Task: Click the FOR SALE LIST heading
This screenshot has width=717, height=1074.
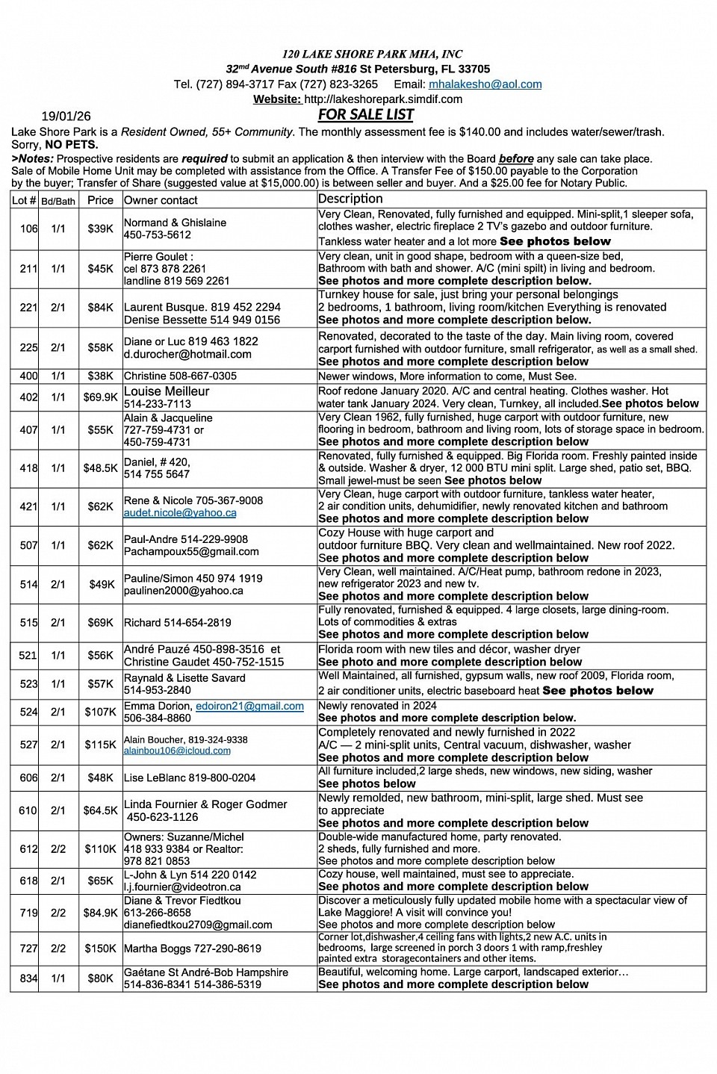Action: (x=365, y=114)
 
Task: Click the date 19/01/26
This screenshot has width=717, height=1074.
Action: (x=66, y=116)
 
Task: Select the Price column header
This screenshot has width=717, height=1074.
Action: (x=100, y=200)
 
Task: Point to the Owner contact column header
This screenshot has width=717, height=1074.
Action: (x=161, y=200)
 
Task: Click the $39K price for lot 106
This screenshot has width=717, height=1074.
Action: (x=100, y=229)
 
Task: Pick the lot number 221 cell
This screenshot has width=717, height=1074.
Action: (x=28, y=307)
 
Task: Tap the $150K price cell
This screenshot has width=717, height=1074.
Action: (x=100, y=949)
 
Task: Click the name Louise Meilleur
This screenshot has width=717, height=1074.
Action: (x=167, y=391)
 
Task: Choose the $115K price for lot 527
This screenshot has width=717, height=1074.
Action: (x=100, y=745)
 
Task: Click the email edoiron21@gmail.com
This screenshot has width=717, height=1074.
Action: (x=249, y=706)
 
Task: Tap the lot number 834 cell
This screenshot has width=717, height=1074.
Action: (x=28, y=978)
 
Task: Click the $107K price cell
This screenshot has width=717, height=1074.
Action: (x=100, y=712)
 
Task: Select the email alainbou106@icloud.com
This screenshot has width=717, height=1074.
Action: (x=177, y=751)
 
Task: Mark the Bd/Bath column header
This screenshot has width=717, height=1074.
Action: (x=58, y=201)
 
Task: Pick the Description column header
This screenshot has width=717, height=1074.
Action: (x=350, y=199)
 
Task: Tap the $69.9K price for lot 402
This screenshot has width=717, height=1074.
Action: (x=100, y=397)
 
